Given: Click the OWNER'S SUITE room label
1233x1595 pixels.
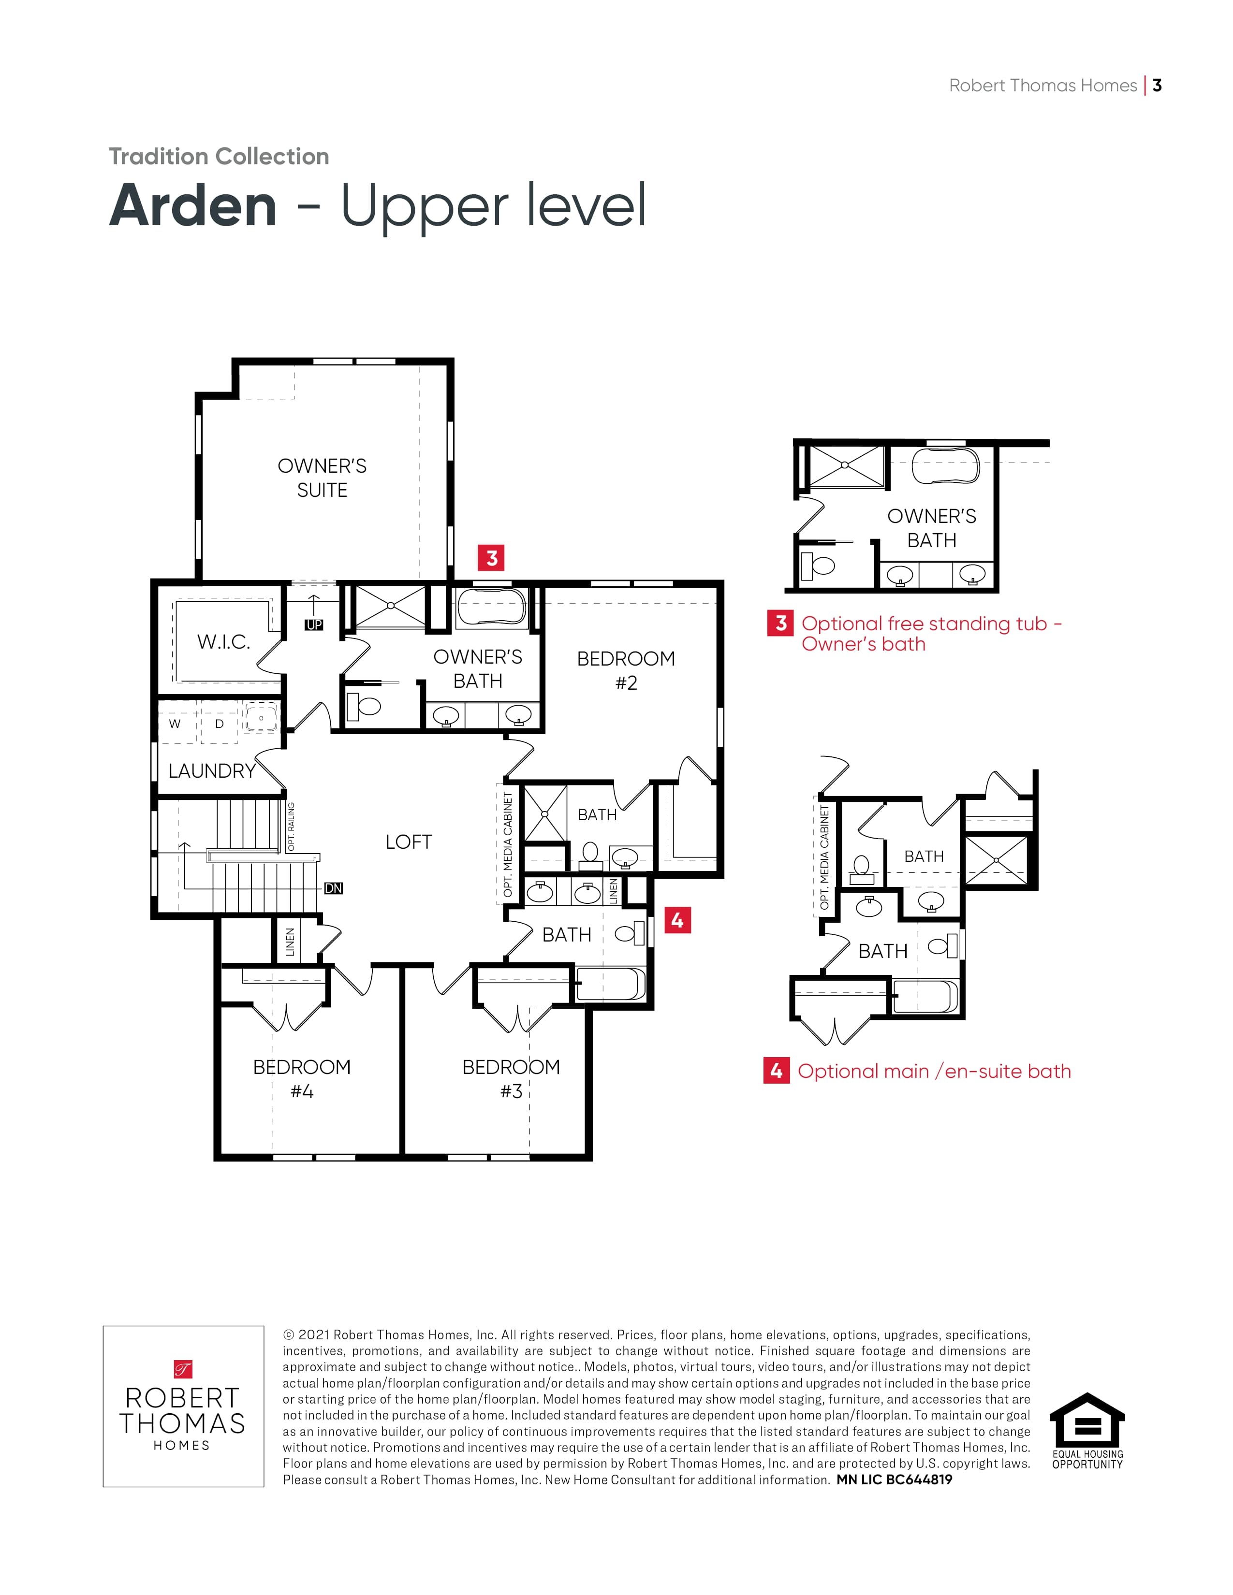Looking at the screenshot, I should (322, 478).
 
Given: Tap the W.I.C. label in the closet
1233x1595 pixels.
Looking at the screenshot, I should (223, 642).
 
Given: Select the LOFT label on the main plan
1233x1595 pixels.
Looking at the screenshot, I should (408, 842).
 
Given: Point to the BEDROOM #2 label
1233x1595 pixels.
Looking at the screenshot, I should (626, 670).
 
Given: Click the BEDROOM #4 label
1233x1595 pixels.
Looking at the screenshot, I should (302, 1079).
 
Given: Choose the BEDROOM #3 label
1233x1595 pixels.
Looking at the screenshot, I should (511, 1079).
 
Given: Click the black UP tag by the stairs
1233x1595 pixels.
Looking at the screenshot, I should (314, 625).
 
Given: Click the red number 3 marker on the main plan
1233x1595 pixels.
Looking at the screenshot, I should (492, 558).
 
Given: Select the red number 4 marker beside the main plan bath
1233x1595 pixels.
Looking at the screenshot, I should (677, 920).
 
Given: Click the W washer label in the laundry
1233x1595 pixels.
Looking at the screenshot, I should (175, 724).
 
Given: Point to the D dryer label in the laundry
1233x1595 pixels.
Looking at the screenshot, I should (219, 724).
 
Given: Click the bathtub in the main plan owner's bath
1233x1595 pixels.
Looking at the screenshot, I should (491, 607).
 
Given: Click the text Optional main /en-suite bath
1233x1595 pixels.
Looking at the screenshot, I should (934, 1072).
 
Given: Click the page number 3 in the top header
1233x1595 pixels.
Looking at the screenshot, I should (1157, 86).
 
